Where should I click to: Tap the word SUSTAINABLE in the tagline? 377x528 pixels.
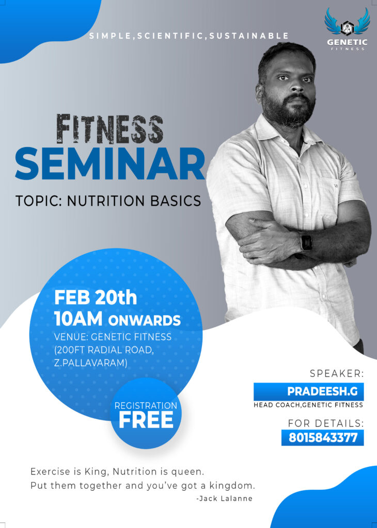249,36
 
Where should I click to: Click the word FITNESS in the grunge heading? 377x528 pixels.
110,129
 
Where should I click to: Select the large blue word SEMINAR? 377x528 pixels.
110,163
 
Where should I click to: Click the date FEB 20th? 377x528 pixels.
96,298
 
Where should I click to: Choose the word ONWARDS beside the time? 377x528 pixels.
144,321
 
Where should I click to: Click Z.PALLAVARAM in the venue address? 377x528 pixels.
91,364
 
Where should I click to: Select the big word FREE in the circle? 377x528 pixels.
146,420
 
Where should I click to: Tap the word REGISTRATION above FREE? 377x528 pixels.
146,406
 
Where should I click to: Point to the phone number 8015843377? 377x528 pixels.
323,437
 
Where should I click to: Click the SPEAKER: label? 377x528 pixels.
337,373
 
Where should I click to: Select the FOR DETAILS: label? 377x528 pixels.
326,423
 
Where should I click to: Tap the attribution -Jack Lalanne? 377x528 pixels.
224,499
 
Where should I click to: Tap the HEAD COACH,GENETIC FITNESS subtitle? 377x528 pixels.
308,405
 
